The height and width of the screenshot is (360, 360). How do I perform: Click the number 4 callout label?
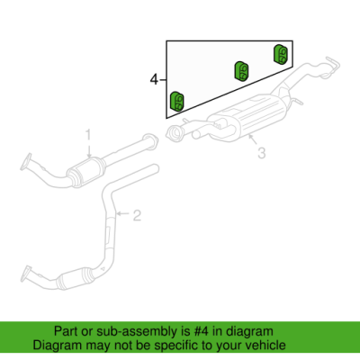[154, 80]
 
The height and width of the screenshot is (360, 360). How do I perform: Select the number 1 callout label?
[88, 135]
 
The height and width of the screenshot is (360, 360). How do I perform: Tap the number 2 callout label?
[137, 215]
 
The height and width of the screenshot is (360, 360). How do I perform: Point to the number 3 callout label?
[262, 153]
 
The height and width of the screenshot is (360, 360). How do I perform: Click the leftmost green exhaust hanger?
[176, 102]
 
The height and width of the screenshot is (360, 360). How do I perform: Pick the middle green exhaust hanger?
[241, 71]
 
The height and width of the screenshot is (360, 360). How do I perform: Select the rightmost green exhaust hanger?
[281, 54]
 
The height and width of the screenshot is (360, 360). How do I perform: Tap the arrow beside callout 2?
[123, 213]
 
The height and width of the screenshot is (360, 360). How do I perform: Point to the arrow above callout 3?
[253, 139]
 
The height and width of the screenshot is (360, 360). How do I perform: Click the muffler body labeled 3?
[247, 118]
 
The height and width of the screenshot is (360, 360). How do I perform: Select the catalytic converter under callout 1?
[85, 172]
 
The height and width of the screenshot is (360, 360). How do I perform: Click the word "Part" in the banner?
[65, 331]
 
